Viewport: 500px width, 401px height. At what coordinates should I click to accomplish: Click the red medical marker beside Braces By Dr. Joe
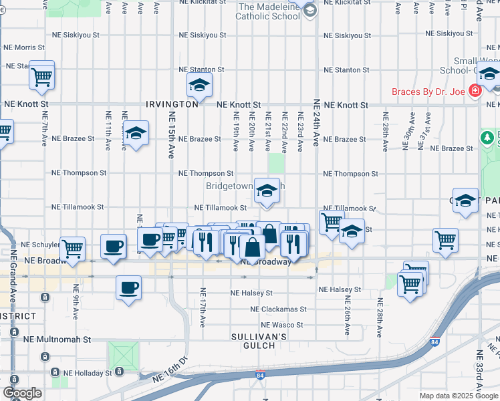pyautogui.click(x=475, y=90)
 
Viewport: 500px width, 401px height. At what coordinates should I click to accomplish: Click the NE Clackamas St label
pyautogui.click(x=278, y=309)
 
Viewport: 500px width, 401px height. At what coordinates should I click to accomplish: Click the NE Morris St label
pyautogui.click(x=24, y=47)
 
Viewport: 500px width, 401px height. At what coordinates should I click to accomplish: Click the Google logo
pyautogui.click(x=22, y=393)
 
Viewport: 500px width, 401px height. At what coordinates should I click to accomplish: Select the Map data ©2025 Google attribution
pyautogui.click(x=458, y=396)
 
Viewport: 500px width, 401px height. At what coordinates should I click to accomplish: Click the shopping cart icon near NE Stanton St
pyautogui.click(x=41, y=76)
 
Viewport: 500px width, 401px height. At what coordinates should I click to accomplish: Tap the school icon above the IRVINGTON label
pyautogui.click(x=199, y=85)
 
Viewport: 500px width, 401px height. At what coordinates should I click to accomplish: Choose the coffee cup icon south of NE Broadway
pyautogui.click(x=128, y=289)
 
